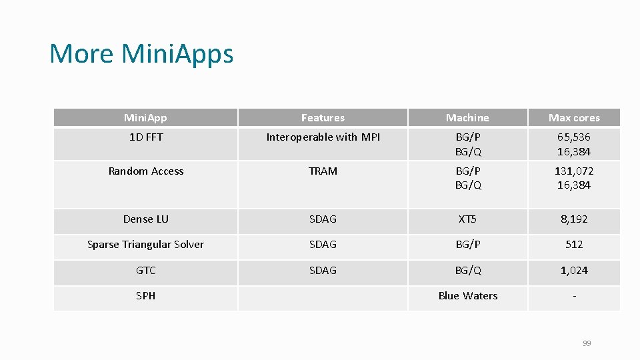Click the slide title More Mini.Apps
click(x=141, y=53)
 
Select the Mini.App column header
click(x=145, y=118)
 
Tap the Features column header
click(x=323, y=118)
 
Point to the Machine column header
click(x=467, y=118)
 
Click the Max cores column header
click(x=574, y=118)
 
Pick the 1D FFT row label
click(x=145, y=137)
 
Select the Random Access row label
click(x=145, y=171)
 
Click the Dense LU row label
click(x=145, y=219)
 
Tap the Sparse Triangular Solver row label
click(x=145, y=245)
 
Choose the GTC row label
click(x=145, y=271)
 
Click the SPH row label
click(x=145, y=296)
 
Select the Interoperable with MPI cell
click(x=323, y=137)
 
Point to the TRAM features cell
click(x=323, y=171)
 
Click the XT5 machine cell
click(x=467, y=219)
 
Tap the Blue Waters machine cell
click(x=467, y=296)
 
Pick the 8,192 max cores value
click(x=574, y=219)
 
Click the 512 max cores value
click(x=574, y=245)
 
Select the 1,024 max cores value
click(x=574, y=271)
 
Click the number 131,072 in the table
click(x=574, y=171)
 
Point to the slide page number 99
click(x=587, y=343)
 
